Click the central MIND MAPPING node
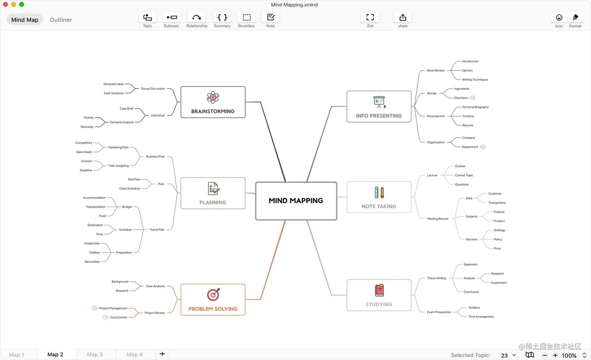click(296, 201)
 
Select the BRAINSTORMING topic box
click(213, 102)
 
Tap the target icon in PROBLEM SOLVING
click(213, 294)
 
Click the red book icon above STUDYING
click(379, 290)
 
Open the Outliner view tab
click(61, 20)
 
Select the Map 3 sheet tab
click(95, 355)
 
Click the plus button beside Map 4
click(162, 354)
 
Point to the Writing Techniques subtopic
click(475, 80)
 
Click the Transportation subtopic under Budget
click(96, 207)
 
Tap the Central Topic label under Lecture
click(464, 176)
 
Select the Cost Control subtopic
click(119, 317)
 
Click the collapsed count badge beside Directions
click(473, 98)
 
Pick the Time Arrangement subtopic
click(481, 317)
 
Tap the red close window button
click(5, 4)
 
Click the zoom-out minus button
click(545, 355)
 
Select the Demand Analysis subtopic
click(122, 122)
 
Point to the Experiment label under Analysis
click(499, 283)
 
